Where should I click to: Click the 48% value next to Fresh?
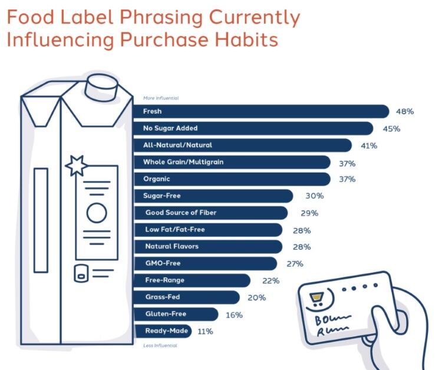[x=405, y=111]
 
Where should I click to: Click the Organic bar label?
[x=157, y=179]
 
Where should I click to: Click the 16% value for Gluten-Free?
[x=234, y=315]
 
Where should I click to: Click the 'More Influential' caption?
[x=160, y=98]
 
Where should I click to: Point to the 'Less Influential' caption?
[x=160, y=345]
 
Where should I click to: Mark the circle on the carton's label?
[x=97, y=212]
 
